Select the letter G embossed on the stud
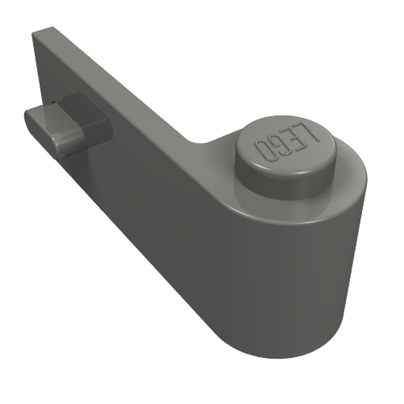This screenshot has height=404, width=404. click(277, 146)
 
